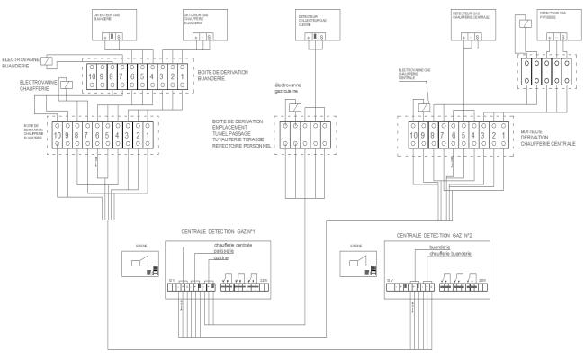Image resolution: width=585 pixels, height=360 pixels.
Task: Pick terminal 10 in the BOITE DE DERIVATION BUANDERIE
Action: click(91, 78)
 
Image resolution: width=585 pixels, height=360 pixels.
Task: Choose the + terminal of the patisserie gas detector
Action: click(543, 35)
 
